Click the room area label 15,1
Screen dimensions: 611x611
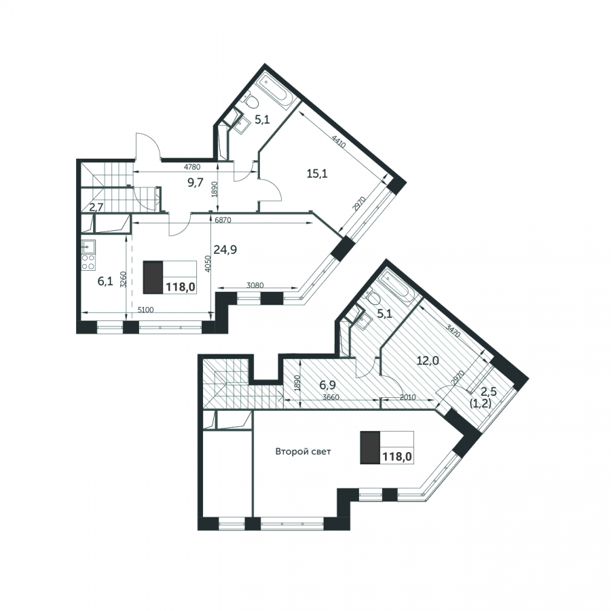click(317, 173)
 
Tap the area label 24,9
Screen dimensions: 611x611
click(225, 249)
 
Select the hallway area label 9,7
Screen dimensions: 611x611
click(196, 182)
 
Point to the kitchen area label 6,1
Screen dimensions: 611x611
click(105, 281)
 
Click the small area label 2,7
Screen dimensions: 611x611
click(96, 207)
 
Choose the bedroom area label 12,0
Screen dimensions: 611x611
click(428, 360)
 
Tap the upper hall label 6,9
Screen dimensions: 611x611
click(328, 385)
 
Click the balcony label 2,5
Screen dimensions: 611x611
click(489, 392)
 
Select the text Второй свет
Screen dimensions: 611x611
click(303, 451)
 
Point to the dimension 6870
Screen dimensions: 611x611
click(223, 220)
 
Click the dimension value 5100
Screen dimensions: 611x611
click(146, 310)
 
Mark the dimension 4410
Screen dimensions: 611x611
click(339, 141)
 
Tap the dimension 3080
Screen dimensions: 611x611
click(255, 285)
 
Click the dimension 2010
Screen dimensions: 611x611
click(407, 397)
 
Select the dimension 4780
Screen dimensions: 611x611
click(192, 167)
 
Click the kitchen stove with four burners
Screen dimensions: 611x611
click(88, 262)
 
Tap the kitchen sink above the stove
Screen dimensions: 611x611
click(88, 246)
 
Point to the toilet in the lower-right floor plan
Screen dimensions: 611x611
click(373, 297)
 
